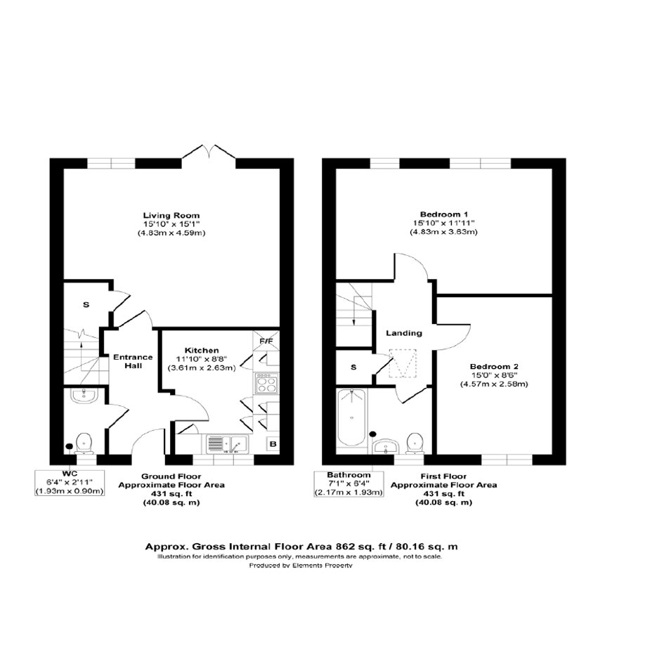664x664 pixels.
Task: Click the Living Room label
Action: (x=171, y=216)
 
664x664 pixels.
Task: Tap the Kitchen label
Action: (x=202, y=350)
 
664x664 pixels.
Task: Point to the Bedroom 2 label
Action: (x=494, y=367)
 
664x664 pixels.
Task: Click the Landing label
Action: (x=404, y=333)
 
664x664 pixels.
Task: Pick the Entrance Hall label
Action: (x=133, y=361)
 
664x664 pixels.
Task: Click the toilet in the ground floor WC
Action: (x=84, y=443)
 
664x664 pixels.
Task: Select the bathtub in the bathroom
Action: (x=351, y=418)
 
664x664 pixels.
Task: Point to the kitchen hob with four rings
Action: (x=266, y=383)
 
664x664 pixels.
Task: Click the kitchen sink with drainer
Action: (x=227, y=444)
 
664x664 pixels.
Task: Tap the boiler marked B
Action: (x=273, y=444)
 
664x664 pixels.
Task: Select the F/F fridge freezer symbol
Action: (x=266, y=341)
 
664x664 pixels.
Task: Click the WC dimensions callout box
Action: (x=70, y=482)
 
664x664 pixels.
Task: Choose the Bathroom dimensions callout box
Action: (x=349, y=484)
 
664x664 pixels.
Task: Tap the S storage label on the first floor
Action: (x=353, y=367)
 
